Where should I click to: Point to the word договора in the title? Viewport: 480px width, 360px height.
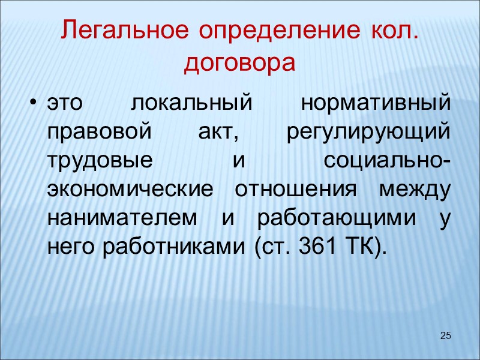[x=240, y=62]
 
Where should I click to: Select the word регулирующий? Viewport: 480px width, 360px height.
[x=367, y=133]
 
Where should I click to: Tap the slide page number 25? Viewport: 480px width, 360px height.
[x=445, y=335]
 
